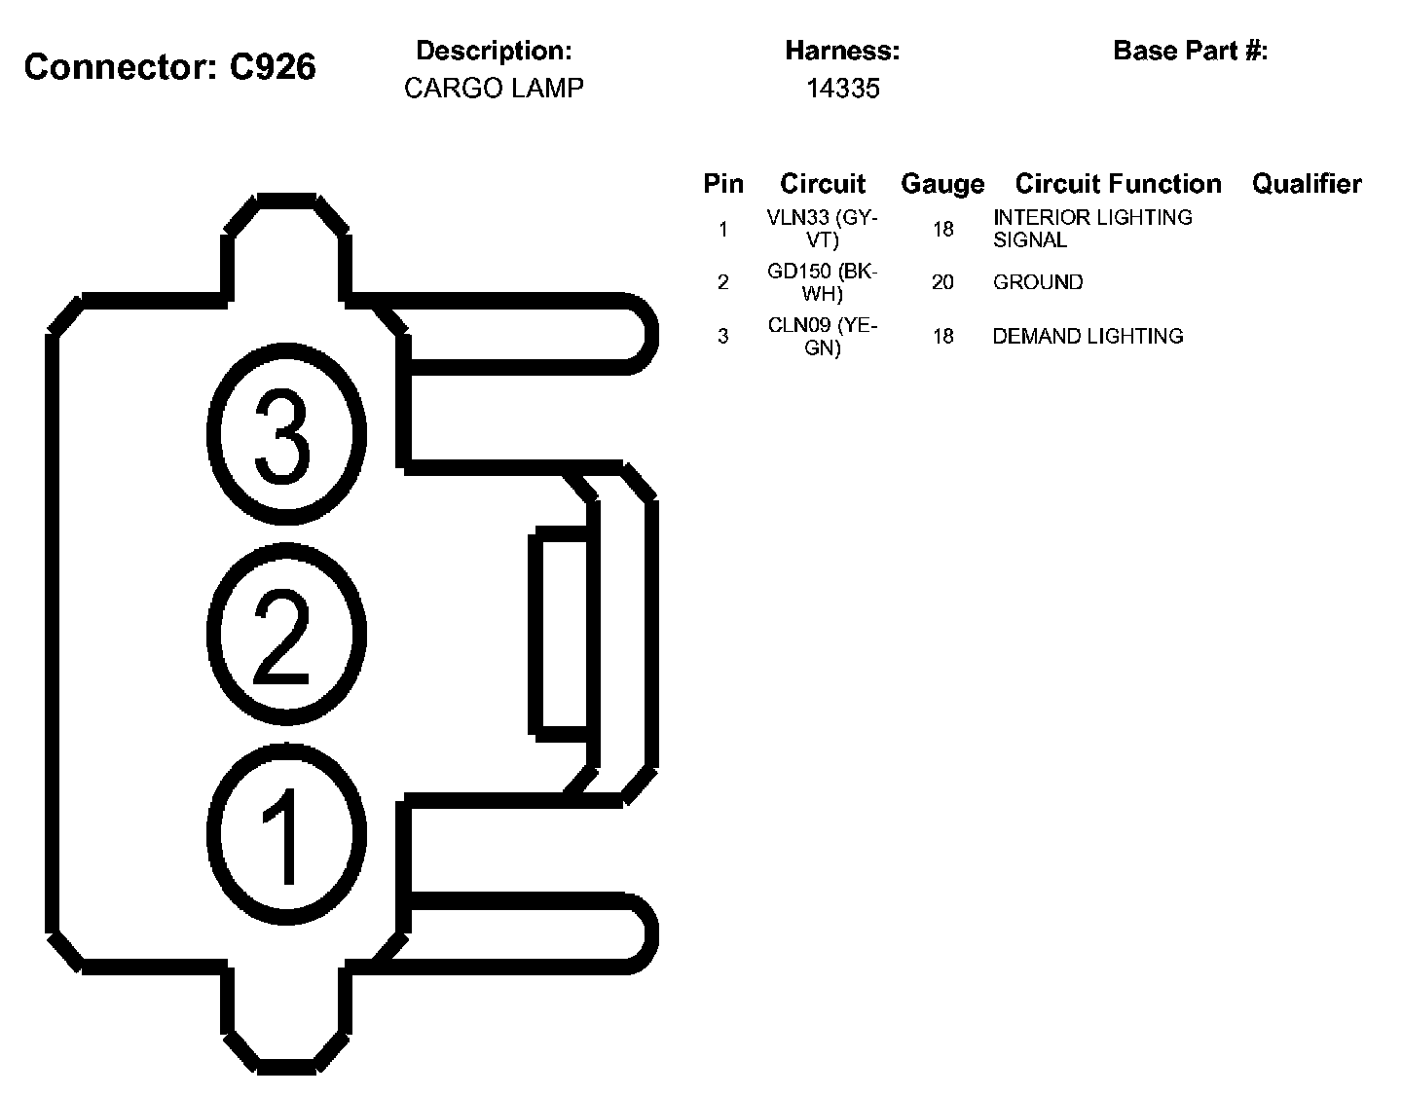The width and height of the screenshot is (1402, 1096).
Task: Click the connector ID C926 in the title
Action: (x=273, y=67)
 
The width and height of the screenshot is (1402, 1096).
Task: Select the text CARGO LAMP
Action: (x=494, y=89)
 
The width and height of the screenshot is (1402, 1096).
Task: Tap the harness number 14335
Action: (x=842, y=89)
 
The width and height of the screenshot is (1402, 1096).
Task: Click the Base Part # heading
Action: (x=1190, y=51)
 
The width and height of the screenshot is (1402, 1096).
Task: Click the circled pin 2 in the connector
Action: (x=285, y=634)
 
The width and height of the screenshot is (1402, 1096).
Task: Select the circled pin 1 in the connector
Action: (x=287, y=834)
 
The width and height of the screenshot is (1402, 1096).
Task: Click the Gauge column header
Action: (x=941, y=184)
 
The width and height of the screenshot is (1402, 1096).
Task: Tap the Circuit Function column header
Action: (x=1118, y=184)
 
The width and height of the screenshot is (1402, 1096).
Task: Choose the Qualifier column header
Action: (x=1307, y=184)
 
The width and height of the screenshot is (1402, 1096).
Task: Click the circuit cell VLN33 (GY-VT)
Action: (x=823, y=229)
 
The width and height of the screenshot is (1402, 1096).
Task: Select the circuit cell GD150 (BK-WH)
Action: (x=823, y=282)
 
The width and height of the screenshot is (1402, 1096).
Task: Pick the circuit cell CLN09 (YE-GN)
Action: (x=823, y=336)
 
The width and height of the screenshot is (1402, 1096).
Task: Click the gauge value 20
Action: (x=942, y=282)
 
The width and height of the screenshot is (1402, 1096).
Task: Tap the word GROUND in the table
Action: (x=1038, y=282)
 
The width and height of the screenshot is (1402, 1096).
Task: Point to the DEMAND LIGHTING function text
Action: (x=1088, y=336)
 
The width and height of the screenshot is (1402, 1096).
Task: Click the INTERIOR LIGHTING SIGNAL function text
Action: (x=1091, y=229)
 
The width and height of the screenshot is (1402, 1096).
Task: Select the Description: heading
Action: (x=494, y=51)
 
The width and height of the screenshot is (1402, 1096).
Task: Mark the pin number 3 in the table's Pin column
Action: (x=722, y=336)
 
